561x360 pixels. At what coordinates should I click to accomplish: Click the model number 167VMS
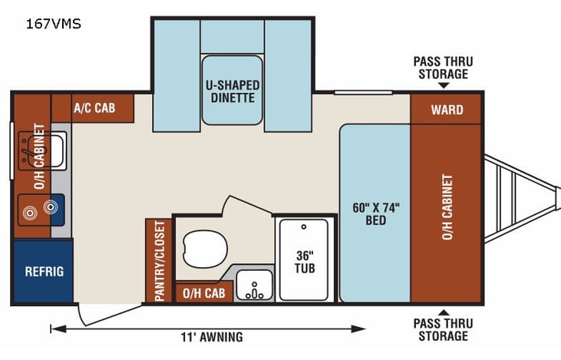pos(54,24)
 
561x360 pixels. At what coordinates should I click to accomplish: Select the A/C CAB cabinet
pos(94,107)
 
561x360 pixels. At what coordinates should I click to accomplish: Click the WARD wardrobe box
pos(446,109)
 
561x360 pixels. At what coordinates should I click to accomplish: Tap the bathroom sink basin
pos(253,286)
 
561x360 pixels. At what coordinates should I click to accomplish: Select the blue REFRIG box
pos(44,271)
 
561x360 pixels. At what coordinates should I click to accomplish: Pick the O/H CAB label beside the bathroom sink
pos(204,292)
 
